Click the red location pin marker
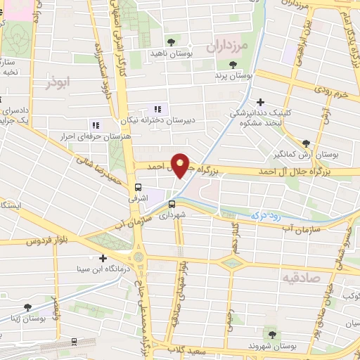point(181,165)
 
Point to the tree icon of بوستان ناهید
point(171,43)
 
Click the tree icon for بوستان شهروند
point(272,334)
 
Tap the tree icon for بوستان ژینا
point(27,307)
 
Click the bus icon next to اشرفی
point(139,187)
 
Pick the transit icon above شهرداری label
point(172,205)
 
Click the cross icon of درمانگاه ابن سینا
point(103,259)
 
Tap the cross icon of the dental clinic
point(262,102)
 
